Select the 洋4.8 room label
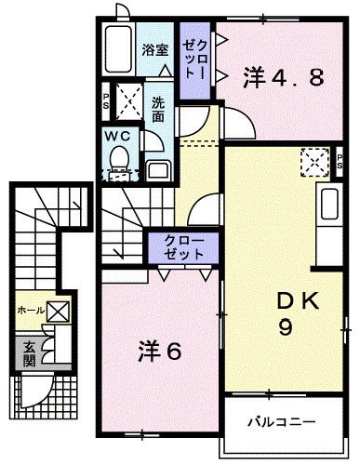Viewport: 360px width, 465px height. (x=285, y=77)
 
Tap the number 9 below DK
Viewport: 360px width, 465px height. (x=289, y=326)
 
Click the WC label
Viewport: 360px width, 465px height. (x=116, y=135)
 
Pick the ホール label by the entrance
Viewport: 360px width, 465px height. (x=30, y=311)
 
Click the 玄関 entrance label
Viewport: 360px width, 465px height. (x=29, y=354)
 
